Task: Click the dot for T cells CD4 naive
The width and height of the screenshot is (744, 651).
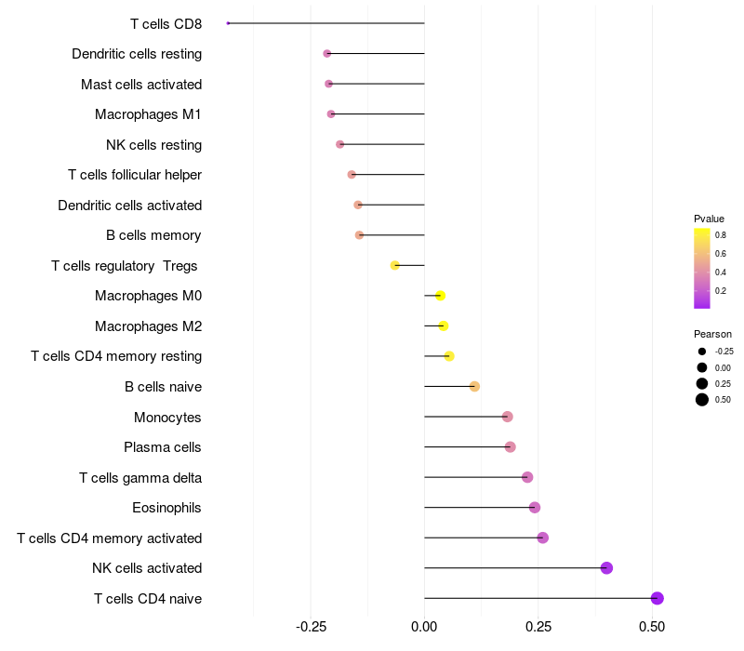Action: (x=658, y=598)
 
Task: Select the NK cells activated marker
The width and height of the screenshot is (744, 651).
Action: (x=606, y=568)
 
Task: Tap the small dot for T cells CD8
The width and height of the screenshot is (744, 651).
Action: (x=228, y=23)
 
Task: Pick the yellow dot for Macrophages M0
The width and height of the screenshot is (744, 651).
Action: (x=440, y=296)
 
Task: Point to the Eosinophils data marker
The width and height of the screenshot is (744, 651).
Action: (x=535, y=507)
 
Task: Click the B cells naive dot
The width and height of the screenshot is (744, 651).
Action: (x=474, y=386)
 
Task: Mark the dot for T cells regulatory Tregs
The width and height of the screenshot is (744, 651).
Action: (x=395, y=265)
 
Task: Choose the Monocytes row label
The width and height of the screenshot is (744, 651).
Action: (x=167, y=417)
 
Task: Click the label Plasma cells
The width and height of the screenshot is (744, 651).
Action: (x=163, y=447)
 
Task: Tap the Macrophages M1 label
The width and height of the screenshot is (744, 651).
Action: (x=148, y=114)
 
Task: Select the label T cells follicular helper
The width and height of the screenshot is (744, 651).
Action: (x=135, y=175)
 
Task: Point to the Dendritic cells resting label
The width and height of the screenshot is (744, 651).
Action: (x=137, y=54)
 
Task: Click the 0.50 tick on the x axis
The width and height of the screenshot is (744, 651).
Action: (x=652, y=627)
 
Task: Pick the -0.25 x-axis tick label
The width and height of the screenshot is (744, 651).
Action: (x=310, y=627)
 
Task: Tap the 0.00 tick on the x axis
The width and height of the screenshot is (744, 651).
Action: (x=424, y=627)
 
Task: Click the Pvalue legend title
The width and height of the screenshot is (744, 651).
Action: (x=709, y=219)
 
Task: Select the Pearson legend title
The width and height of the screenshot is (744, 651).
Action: (x=712, y=334)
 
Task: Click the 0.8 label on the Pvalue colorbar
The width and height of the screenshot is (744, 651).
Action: (x=721, y=235)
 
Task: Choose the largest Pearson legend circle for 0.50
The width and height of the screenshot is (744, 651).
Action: (x=702, y=400)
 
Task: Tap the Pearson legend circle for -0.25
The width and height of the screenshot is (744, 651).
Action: (x=702, y=352)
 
